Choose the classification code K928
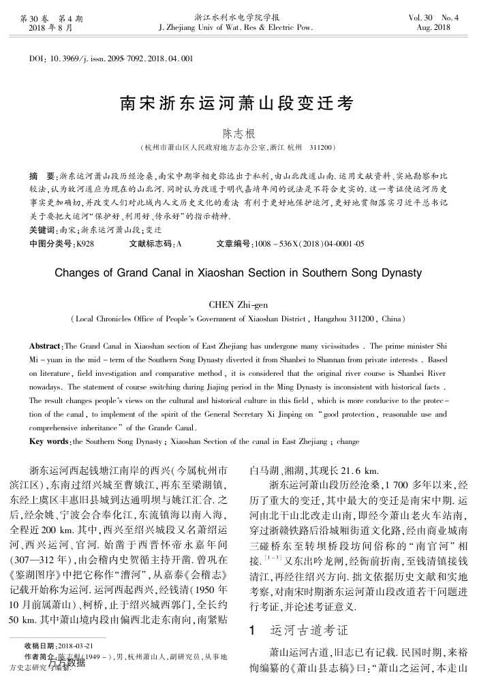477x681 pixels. click(x=86, y=243)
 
